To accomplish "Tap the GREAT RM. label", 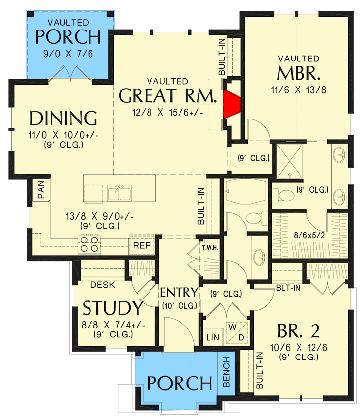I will point(168,95).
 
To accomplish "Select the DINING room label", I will point(63,119).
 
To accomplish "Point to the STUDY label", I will point(112,308).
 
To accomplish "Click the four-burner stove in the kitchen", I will point(89,244).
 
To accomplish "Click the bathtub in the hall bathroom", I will point(244,194).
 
